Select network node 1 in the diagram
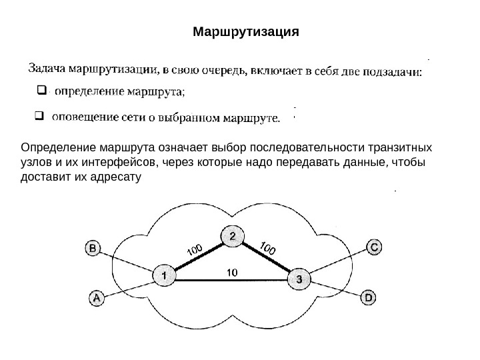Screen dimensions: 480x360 tap(163, 274)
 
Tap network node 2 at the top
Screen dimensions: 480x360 tap(232, 236)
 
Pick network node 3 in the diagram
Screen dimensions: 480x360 tap(299, 280)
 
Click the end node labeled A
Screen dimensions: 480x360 tap(97, 299)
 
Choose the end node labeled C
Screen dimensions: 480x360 tap(375, 247)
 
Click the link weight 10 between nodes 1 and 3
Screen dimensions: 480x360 tap(232, 272)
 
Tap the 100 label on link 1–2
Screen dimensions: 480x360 tap(195, 250)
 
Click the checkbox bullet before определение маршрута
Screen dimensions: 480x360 tap(40, 89)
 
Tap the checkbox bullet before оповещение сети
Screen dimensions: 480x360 tap(38, 118)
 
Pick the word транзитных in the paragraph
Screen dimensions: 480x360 tap(403, 147)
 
